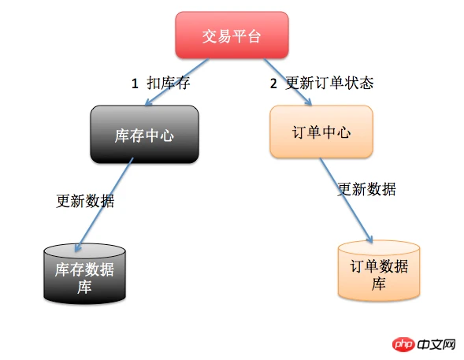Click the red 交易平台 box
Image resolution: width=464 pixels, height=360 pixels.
[232, 35]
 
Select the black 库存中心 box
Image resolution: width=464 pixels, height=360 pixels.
[144, 134]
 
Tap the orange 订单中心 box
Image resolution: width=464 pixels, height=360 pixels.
[321, 132]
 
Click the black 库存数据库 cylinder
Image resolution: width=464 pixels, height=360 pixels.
[84, 273]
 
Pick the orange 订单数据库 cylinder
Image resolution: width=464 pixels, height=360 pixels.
[379, 271]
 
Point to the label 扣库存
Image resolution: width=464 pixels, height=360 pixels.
[169, 83]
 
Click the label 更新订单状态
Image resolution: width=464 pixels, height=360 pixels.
[329, 83]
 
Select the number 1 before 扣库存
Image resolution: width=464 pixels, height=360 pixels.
[135, 84]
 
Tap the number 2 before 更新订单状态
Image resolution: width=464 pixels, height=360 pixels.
[273, 84]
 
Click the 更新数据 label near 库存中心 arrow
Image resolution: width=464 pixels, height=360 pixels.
[85, 201]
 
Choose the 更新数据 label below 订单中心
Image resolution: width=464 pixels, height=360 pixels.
[366, 189]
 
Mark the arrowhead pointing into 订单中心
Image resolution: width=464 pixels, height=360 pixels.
[309, 102]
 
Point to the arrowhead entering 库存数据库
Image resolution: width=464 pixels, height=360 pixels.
[77, 248]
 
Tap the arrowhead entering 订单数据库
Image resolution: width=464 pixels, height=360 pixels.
[369, 239]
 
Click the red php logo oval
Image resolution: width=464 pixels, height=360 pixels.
[403, 344]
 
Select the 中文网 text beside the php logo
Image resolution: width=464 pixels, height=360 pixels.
[436, 344]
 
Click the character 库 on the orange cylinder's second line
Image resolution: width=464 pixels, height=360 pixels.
[378, 284]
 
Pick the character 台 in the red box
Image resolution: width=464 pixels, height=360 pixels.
[254, 37]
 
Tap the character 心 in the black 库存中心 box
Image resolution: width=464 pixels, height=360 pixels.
[166, 135]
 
